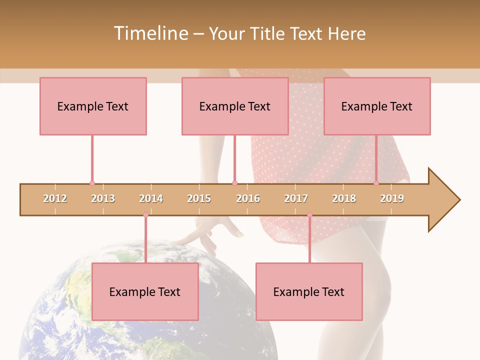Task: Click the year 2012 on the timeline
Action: click(55, 198)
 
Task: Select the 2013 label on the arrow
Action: click(103, 198)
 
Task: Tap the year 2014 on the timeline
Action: click(151, 198)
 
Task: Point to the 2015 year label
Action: click(199, 198)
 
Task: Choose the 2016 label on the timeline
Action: click(248, 198)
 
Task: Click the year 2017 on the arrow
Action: click(296, 198)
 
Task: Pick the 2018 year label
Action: click(344, 198)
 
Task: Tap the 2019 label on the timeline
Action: click(392, 198)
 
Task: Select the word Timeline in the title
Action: click(150, 33)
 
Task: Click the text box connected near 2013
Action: click(93, 106)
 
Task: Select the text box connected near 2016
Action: click(235, 106)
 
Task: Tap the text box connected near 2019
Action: click(377, 106)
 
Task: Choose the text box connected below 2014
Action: click(145, 291)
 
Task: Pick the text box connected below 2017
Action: click(309, 291)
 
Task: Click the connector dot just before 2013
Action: click(92, 183)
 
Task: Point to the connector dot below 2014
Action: click(145, 215)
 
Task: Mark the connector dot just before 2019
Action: click(376, 183)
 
